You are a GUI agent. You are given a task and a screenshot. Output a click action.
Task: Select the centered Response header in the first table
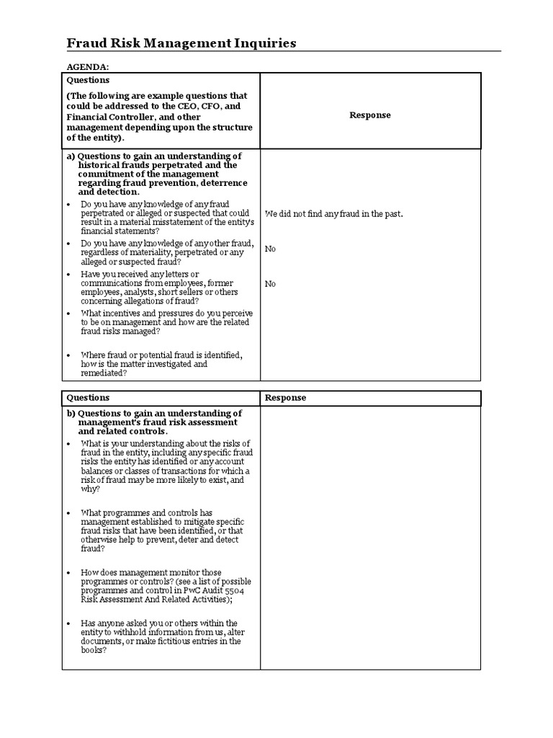coord(370,115)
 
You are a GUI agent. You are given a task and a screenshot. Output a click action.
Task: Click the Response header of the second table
coord(285,398)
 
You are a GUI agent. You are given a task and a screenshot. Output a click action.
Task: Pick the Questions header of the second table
coord(88,398)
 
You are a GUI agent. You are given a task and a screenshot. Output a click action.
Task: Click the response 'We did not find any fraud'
coord(333,214)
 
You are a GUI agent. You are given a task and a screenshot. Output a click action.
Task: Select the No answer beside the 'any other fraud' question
coord(270,249)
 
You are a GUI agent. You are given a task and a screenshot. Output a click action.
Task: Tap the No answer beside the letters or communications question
coord(270,284)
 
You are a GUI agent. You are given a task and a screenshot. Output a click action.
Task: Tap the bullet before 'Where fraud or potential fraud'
coord(68,356)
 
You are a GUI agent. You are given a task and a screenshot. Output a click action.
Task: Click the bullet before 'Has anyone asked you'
coord(68,623)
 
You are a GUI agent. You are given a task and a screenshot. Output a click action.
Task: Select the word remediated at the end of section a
coord(104,373)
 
